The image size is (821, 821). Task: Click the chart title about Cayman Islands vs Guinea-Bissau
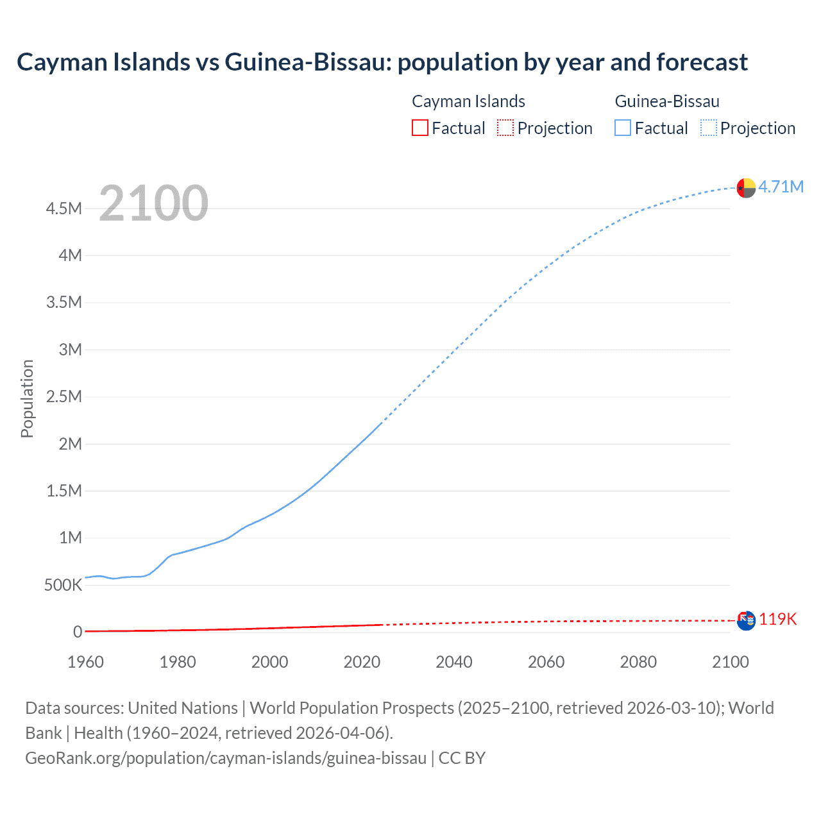(x=382, y=62)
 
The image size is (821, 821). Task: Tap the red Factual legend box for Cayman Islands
(x=419, y=128)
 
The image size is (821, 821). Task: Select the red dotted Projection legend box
(x=505, y=128)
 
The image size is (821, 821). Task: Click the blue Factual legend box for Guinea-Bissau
(x=622, y=128)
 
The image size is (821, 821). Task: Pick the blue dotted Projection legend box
(x=708, y=128)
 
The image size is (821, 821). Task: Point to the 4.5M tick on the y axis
(x=63, y=208)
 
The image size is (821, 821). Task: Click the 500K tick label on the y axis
(x=63, y=585)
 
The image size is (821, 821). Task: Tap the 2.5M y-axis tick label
(x=63, y=396)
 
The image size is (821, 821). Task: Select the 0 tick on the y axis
(x=78, y=632)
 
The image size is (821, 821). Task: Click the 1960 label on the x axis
(x=85, y=662)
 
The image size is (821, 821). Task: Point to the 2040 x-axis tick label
(x=454, y=662)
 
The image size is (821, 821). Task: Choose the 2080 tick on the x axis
(x=638, y=662)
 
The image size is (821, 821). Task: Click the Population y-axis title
(x=27, y=398)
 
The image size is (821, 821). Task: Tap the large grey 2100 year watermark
(x=153, y=203)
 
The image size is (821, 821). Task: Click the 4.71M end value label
(x=781, y=187)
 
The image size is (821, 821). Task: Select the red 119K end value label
(x=778, y=619)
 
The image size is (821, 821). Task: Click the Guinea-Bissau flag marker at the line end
(x=746, y=188)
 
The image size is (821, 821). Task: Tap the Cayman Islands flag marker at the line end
(x=746, y=621)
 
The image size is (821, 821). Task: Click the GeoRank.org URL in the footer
(x=226, y=758)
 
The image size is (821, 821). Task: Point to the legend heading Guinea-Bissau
(x=667, y=101)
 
